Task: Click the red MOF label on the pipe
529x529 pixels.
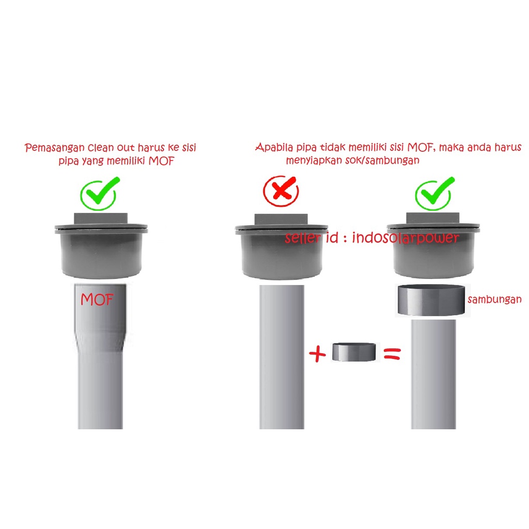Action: pyautogui.click(x=97, y=299)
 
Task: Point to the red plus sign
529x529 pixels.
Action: pyautogui.click(x=318, y=354)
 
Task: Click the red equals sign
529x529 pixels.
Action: pyautogui.click(x=393, y=354)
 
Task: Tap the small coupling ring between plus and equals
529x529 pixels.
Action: pyautogui.click(x=354, y=352)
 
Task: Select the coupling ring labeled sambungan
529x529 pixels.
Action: pyautogui.click(x=431, y=300)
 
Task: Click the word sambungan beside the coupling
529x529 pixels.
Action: pyautogui.click(x=494, y=299)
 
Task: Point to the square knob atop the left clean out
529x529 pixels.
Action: pyautogui.click(x=101, y=218)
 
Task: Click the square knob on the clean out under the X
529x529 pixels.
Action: pyautogui.click(x=281, y=219)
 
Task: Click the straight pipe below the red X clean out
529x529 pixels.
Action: pyautogui.click(x=282, y=357)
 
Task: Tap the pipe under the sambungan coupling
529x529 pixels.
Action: pyautogui.click(x=433, y=374)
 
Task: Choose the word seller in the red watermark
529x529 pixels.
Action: pyautogui.click(x=302, y=238)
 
